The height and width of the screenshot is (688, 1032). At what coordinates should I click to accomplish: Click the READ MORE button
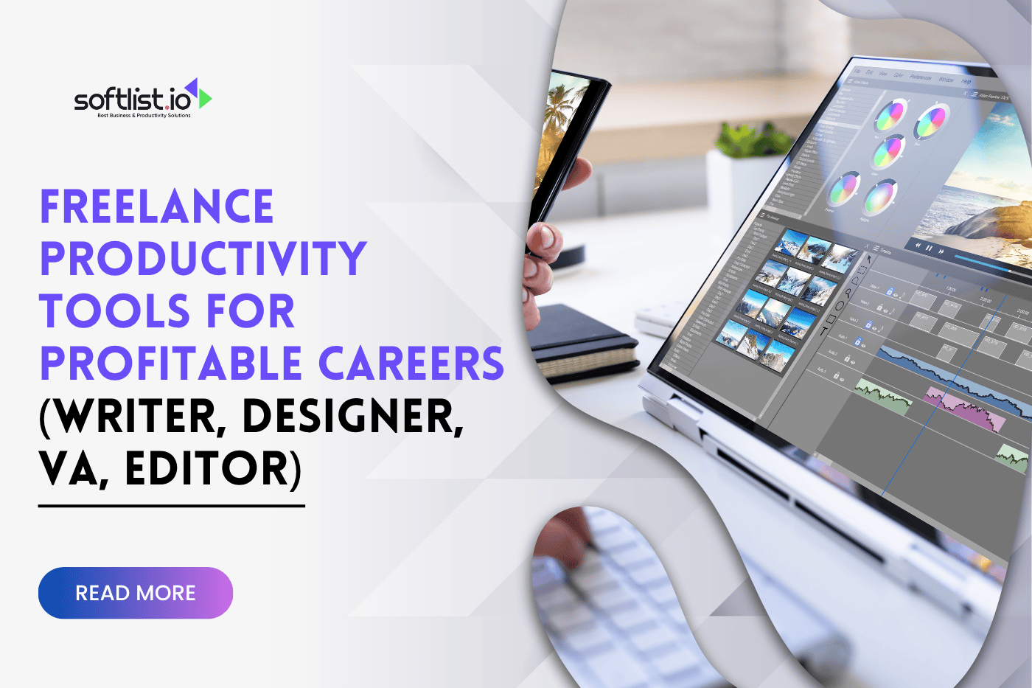click(x=136, y=593)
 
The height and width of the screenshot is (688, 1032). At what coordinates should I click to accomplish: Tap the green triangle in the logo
click(x=205, y=98)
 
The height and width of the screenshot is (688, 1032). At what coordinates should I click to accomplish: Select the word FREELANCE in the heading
click(x=156, y=206)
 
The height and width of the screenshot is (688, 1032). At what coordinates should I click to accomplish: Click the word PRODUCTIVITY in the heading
click(x=203, y=258)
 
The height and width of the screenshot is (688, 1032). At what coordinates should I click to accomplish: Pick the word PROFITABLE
click(x=171, y=364)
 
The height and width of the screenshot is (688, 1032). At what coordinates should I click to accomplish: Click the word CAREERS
click(x=411, y=364)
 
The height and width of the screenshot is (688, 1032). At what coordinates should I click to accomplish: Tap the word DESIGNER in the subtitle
click(x=352, y=417)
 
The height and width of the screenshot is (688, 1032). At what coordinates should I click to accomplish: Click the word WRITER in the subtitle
click(x=133, y=417)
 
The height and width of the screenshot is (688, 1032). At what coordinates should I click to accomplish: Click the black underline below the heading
click(x=171, y=506)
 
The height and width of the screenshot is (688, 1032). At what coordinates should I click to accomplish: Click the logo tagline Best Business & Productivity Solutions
click(x=144, y=116)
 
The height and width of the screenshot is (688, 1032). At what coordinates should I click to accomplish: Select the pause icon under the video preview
click(x=929, y=249)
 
